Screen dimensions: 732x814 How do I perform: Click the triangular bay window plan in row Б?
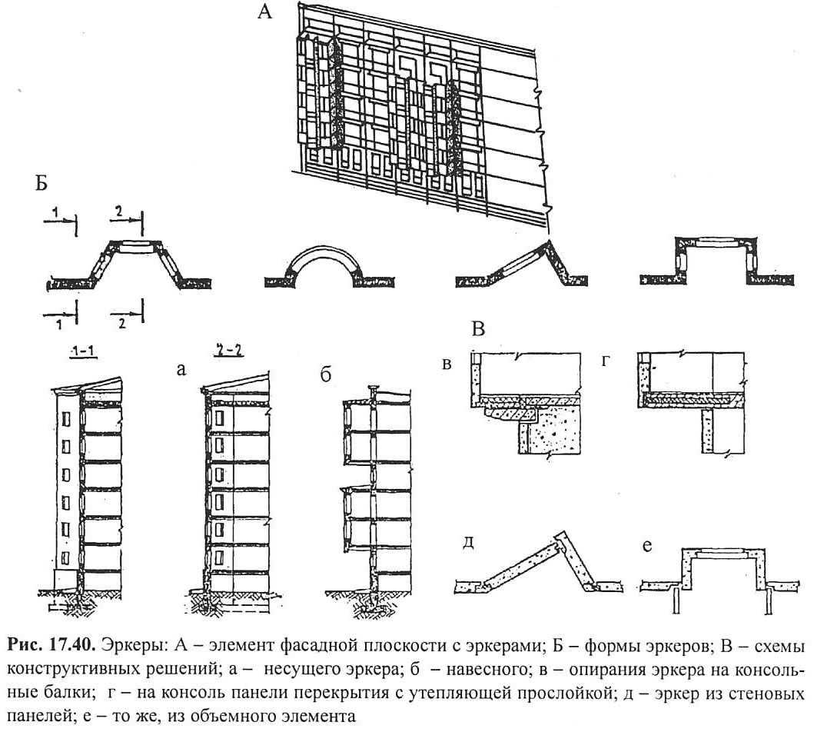(x=522, y=265)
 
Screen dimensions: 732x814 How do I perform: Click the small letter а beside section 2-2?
(x=181, y=370)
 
